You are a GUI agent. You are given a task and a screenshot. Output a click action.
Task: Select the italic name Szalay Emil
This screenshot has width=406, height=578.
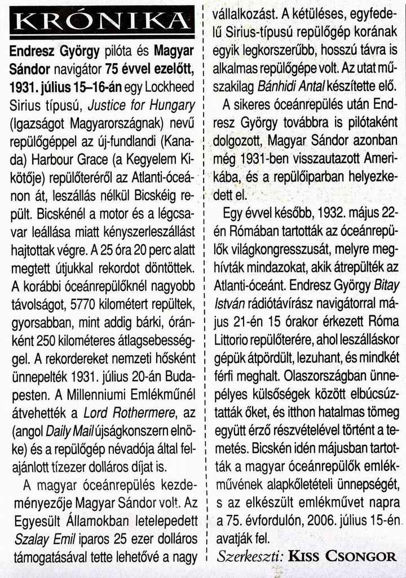39,539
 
